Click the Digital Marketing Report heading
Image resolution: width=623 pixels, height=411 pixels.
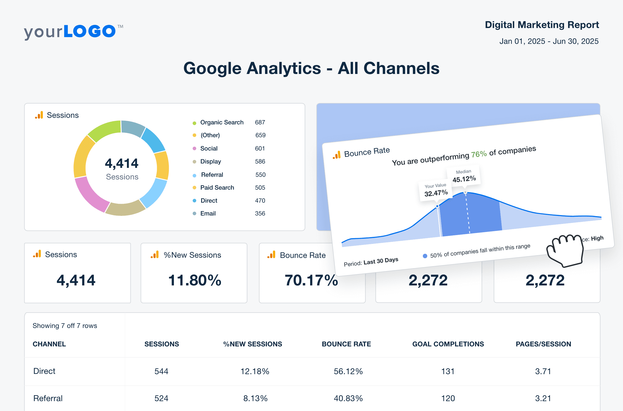click(x=542, y=25)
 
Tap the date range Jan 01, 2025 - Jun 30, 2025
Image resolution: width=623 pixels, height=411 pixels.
click(x=549, y=42)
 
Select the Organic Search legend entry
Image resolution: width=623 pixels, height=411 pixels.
click(x=222, y=122)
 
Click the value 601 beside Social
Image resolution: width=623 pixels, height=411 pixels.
click(x=260, y=148)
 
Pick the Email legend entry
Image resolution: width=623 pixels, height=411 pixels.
click(x=208, y=213)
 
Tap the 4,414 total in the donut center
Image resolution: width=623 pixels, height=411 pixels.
click(x=122, y=163)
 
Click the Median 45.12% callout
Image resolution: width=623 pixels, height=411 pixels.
click(x=464, y=176)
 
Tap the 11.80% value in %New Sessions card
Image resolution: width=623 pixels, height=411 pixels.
click(x=194, y=280)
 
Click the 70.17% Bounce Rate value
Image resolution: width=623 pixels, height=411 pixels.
click(x=311, y=280)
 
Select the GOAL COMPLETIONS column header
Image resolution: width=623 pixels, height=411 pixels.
click(x=448, y=344)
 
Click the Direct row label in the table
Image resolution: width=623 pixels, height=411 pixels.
click(x=44, y=371)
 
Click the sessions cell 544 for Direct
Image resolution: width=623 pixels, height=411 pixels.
click(x=161, y=371)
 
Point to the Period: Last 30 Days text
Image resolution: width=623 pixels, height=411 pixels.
click(x=371, y=262)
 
